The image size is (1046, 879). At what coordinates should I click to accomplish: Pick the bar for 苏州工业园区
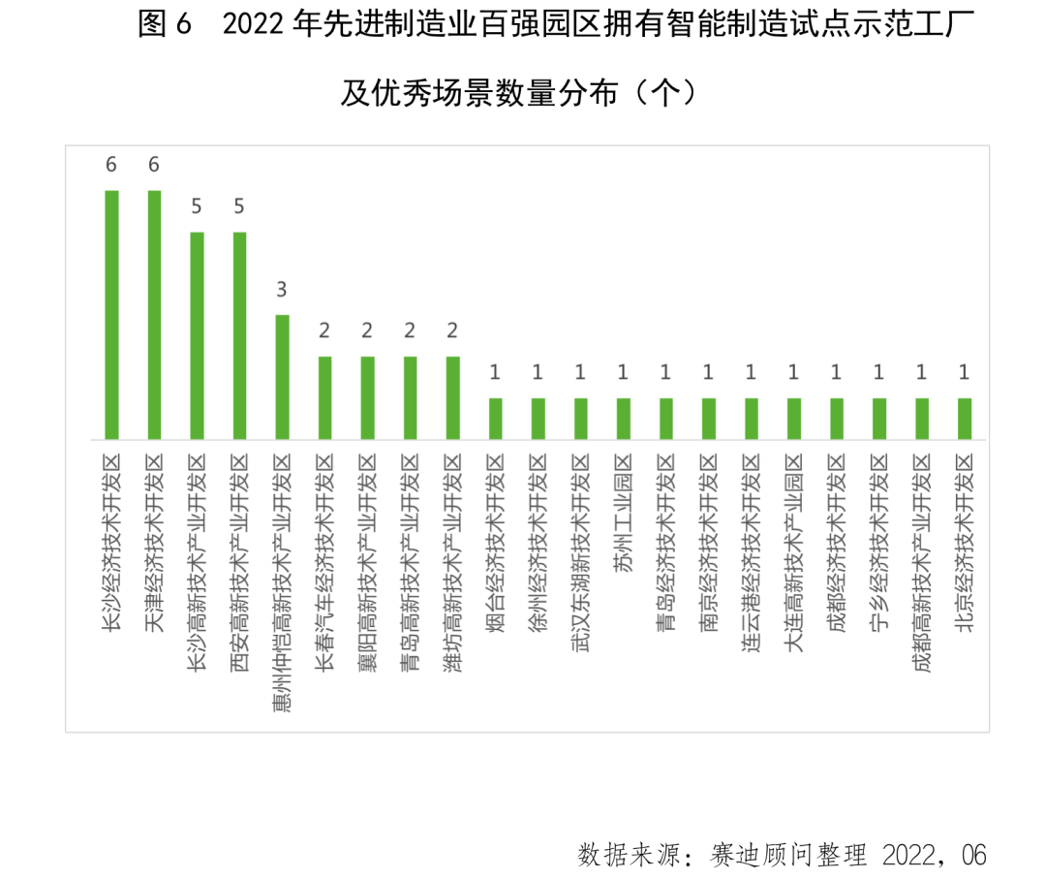click(624, 418)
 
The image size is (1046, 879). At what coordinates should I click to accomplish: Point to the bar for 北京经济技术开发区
click(965, 418)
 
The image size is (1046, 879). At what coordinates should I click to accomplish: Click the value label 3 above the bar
click(282, 291)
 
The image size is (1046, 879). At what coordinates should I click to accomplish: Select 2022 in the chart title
click(255, 27)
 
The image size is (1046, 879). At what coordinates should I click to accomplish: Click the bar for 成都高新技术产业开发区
click(922, 418)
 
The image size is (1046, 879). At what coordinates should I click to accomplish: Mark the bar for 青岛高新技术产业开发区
click(410, 397)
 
